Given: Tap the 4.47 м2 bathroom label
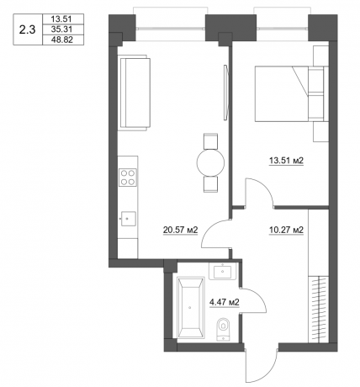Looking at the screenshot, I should click(225, 301).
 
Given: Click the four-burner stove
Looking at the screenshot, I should click(128, 177).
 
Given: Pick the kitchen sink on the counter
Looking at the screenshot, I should click(127, 218).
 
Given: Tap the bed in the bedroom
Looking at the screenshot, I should click(283, 95).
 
